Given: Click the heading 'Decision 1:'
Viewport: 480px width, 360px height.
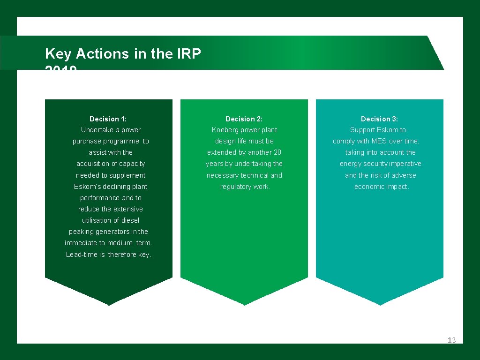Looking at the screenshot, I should (108, 119).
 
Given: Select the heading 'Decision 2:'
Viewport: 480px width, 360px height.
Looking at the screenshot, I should (244, 119).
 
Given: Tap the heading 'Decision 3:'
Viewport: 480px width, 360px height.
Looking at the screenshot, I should (379, 119).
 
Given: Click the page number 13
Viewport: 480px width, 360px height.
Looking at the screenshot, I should (451, 340).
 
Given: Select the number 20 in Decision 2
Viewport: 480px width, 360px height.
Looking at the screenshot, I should (277, 152).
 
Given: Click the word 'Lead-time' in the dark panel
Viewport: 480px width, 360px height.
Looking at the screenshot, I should (82, 255).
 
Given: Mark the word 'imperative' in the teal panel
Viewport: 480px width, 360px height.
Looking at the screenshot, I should (405, 164).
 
